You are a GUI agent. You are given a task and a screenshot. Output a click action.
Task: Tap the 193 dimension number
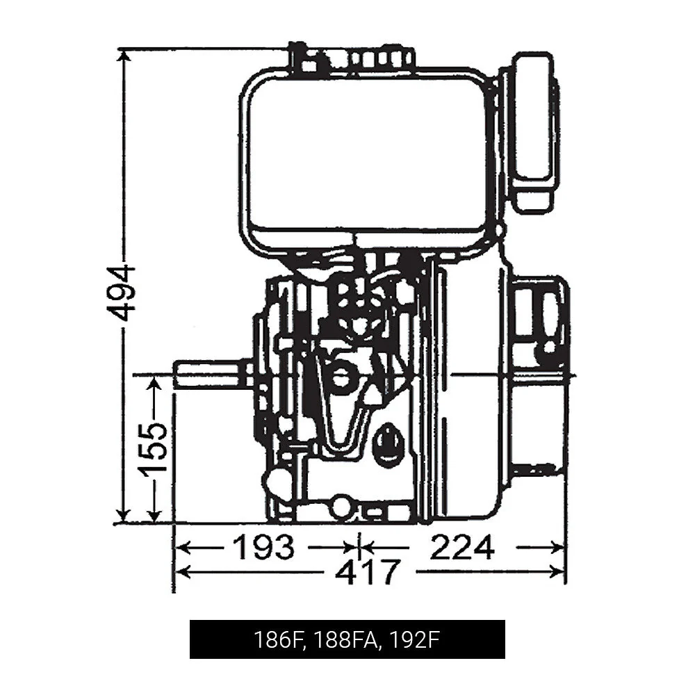point(263,548)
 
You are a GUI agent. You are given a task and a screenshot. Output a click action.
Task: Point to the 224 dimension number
point(461,548)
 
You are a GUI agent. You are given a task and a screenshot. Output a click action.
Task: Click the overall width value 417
point(368,572)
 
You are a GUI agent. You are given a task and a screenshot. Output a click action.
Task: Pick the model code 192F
point(415,639)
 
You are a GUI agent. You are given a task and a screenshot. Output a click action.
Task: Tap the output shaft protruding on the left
point(208,374)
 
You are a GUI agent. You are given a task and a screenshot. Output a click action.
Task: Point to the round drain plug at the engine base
point(341,506)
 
